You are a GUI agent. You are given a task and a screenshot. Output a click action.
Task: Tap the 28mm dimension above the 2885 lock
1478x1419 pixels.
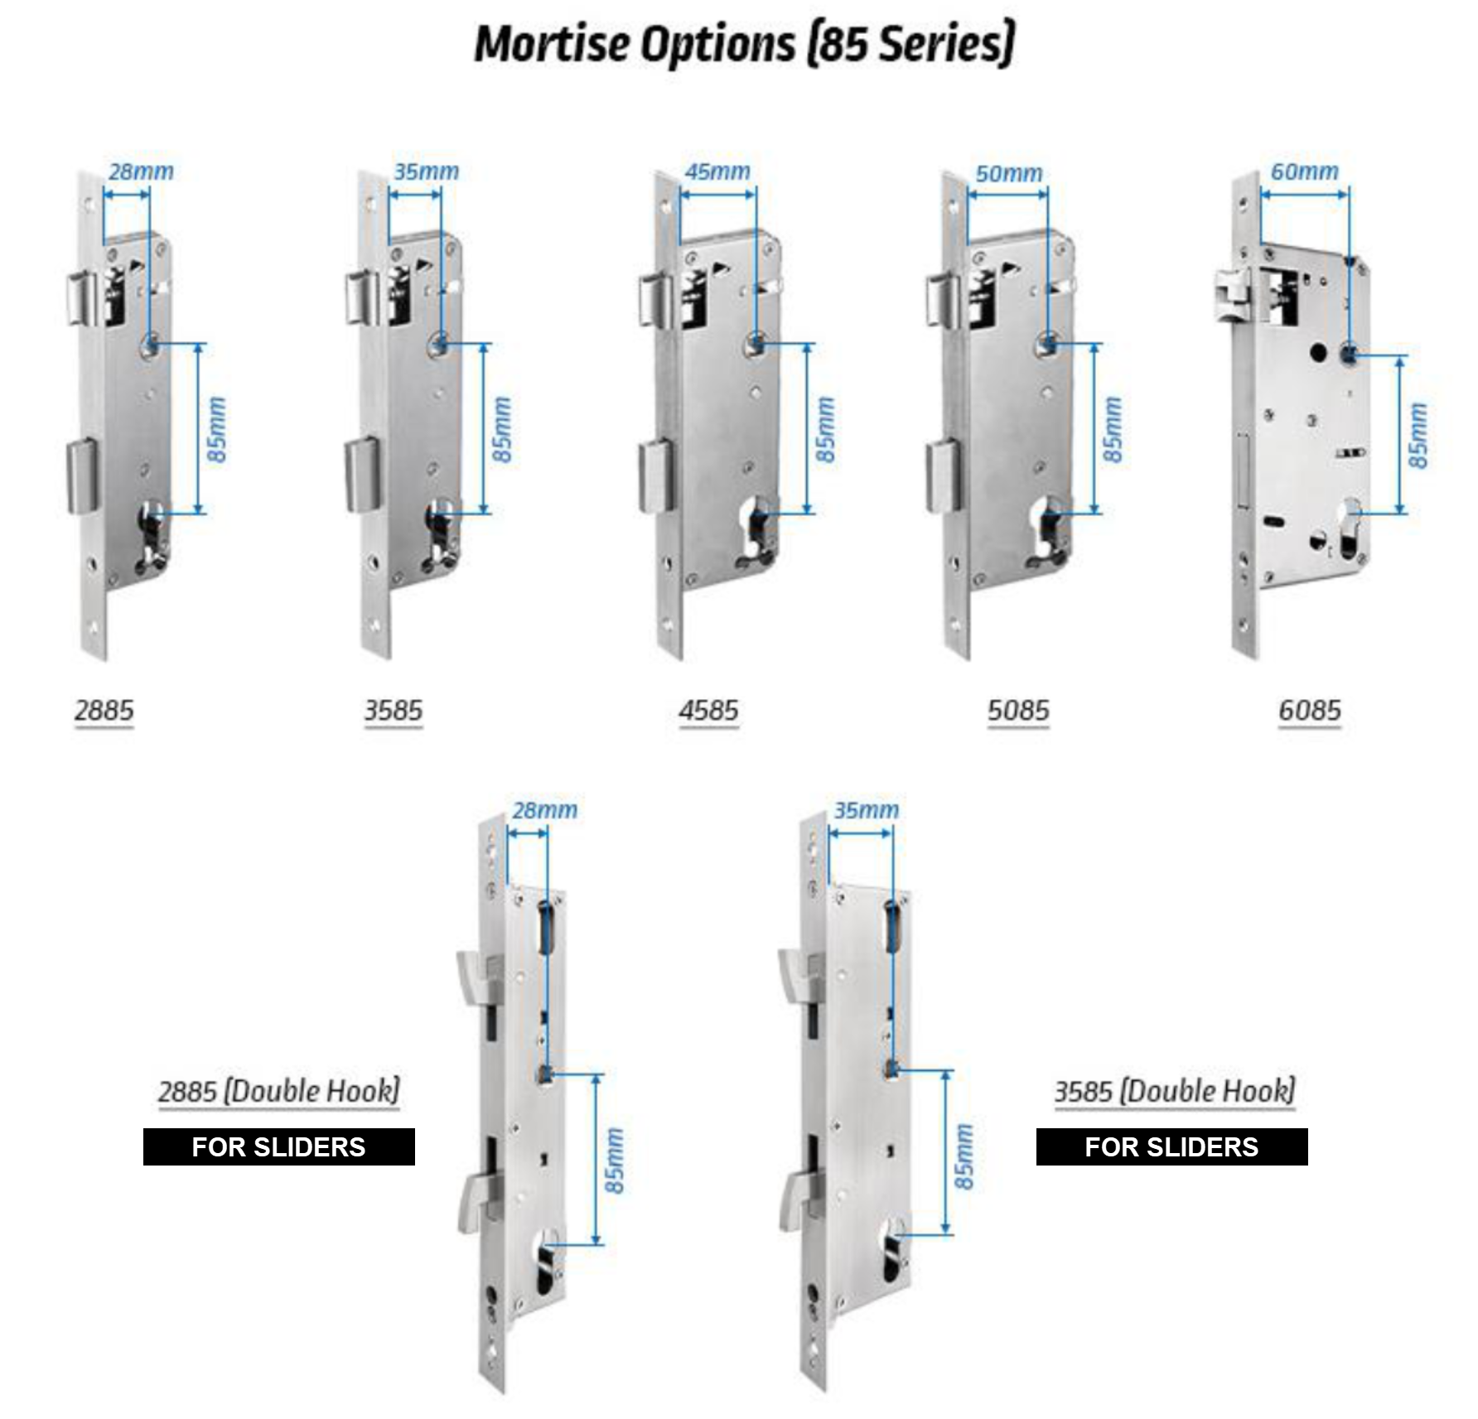[x=141, y=171]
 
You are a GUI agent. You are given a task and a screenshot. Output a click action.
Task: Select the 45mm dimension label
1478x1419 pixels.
[x=717, y=171]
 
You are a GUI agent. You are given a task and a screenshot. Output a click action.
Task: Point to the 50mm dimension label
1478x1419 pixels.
[x=1008, y=173]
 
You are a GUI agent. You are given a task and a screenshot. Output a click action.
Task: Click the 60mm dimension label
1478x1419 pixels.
[x=1304, y=171]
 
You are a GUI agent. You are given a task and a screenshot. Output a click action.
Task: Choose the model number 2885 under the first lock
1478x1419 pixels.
[x=104, y=710]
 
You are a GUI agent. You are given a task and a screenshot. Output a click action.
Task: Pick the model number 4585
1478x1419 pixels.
[x=708, y=710]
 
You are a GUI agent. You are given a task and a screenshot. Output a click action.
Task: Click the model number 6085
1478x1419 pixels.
[x=1309, y=710]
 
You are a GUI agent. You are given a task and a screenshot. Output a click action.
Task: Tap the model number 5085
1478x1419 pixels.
[x=1018, y=710]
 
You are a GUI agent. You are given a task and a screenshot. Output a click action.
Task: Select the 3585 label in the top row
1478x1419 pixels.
[x=394, y=710]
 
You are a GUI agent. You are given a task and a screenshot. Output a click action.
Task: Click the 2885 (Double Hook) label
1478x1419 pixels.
[x=279, y=1091]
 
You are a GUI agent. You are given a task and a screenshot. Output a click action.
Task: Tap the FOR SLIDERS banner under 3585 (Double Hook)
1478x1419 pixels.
[x=1171, y=1146]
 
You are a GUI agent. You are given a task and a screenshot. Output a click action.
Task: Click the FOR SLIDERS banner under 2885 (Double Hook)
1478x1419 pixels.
[x=279, y=1146]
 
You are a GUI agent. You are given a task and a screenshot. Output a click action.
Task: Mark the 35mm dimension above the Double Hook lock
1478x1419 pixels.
[x=866, y=809]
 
